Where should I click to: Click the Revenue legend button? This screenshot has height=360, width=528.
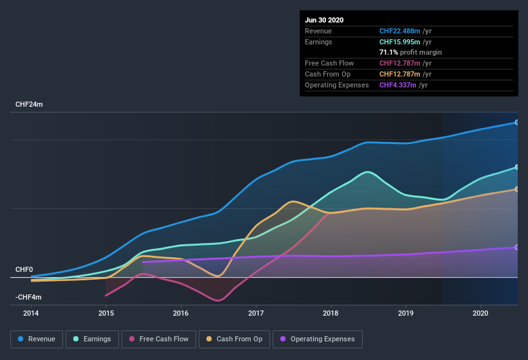click(x=37, y=339)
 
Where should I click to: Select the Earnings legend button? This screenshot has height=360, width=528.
click(x=92, y=339)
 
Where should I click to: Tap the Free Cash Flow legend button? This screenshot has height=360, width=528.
click(x=159, y=339)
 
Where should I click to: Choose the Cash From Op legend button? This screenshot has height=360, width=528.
click(x=234, y=339)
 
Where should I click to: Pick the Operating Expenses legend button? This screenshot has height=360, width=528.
click(x=317, y=339)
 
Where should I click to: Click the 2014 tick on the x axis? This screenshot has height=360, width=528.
click(x=31, y=312)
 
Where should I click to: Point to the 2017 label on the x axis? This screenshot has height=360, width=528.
click(x=256, y=312)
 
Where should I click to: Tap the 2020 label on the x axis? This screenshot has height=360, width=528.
click(x=480, y=312)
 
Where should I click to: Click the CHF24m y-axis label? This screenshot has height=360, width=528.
click(x=30, y=104)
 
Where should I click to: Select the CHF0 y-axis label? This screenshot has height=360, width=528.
click(x=25, y=270)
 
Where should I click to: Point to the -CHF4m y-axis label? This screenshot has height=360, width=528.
click(x=29, y=297)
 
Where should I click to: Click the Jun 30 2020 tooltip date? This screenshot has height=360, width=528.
click(x=324, y=20)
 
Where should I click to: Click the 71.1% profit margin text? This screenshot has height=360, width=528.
click(x=410, y=52)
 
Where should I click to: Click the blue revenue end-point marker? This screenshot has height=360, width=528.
click(x=517, y=122)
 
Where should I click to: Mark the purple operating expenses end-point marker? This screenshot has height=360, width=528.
click(x=517, y=248)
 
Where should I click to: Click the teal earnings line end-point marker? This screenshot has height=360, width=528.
click(x=517, y=167)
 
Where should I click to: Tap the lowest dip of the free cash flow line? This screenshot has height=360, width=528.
click(x=219, y=300)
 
